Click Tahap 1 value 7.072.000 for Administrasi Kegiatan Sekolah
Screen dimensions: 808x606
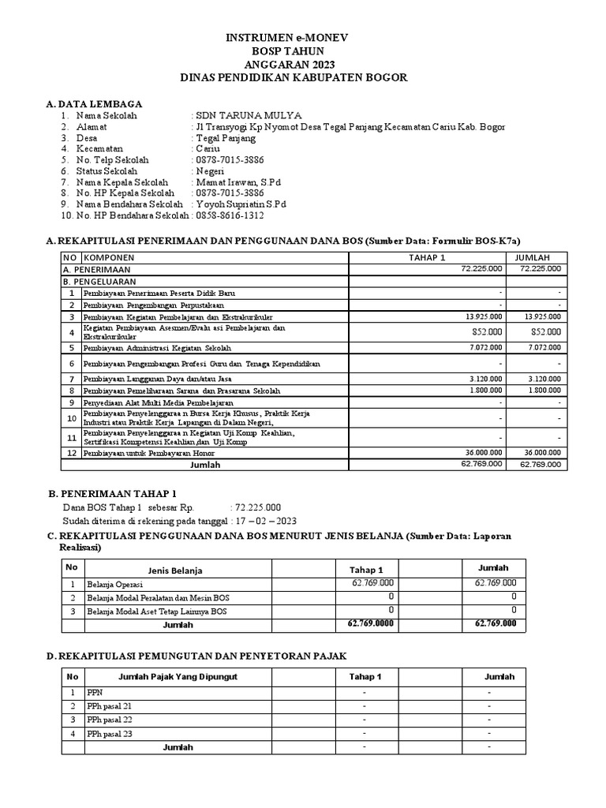[483, 348]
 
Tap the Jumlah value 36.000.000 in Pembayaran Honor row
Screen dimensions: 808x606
[541, 452]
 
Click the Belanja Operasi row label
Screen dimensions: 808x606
[115, 585]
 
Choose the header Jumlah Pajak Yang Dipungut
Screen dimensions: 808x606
[178, 677]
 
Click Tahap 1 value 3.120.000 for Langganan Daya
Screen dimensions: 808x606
[483, 380]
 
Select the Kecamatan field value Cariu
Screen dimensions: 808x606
[208, 148]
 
